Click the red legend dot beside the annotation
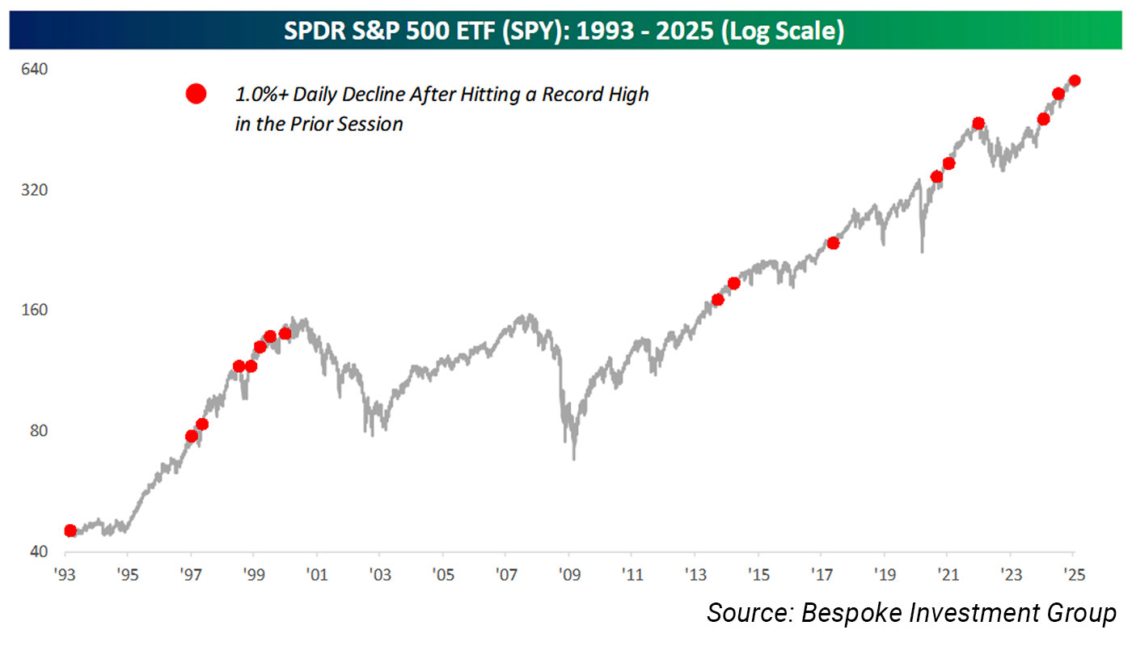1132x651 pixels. click(x=196, y=95)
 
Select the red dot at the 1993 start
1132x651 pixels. click(x=70, y=531)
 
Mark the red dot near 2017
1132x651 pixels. click(x=834, y=243)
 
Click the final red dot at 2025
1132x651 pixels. click(x=1075, y=80)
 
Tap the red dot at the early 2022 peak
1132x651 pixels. click(x=978, y=124)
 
